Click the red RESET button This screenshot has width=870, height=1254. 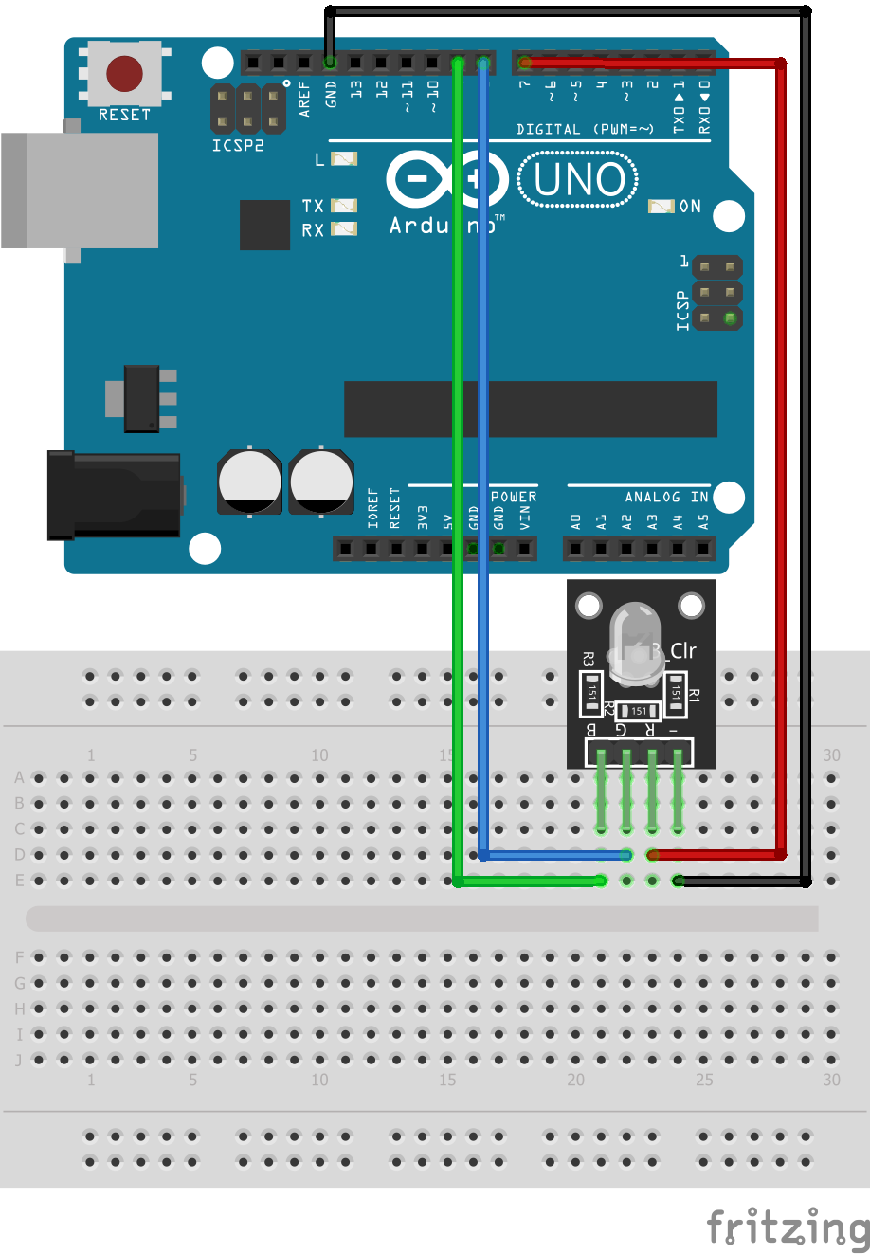tap(124, 73)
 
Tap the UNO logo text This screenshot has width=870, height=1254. tap(578, 180)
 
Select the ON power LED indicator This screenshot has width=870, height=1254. tap(661, 207)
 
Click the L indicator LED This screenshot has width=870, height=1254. tap(343, 159)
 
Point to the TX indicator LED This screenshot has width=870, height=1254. tap(343, 206)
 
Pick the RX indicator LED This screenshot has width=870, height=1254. tap(343, 229)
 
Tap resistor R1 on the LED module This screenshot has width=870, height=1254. tap(676, 693)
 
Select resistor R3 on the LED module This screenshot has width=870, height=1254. tap(591, 693)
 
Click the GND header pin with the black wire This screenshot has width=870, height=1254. tap(330, 63)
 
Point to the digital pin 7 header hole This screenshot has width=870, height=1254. tap(525, 63)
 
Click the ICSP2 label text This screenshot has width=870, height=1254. tap(237, 145)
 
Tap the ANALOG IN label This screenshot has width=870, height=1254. tap(666, 497)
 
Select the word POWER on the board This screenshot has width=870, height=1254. tap(514, 497)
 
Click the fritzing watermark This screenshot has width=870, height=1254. tap(788, 1227)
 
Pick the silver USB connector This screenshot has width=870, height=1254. tap(80, 190)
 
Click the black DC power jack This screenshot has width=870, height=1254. tap(115, 495)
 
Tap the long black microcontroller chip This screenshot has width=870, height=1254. tap(530, 409)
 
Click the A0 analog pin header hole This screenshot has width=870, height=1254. tap(575, 548)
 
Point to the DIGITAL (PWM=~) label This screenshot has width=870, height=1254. tap(585, 129)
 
